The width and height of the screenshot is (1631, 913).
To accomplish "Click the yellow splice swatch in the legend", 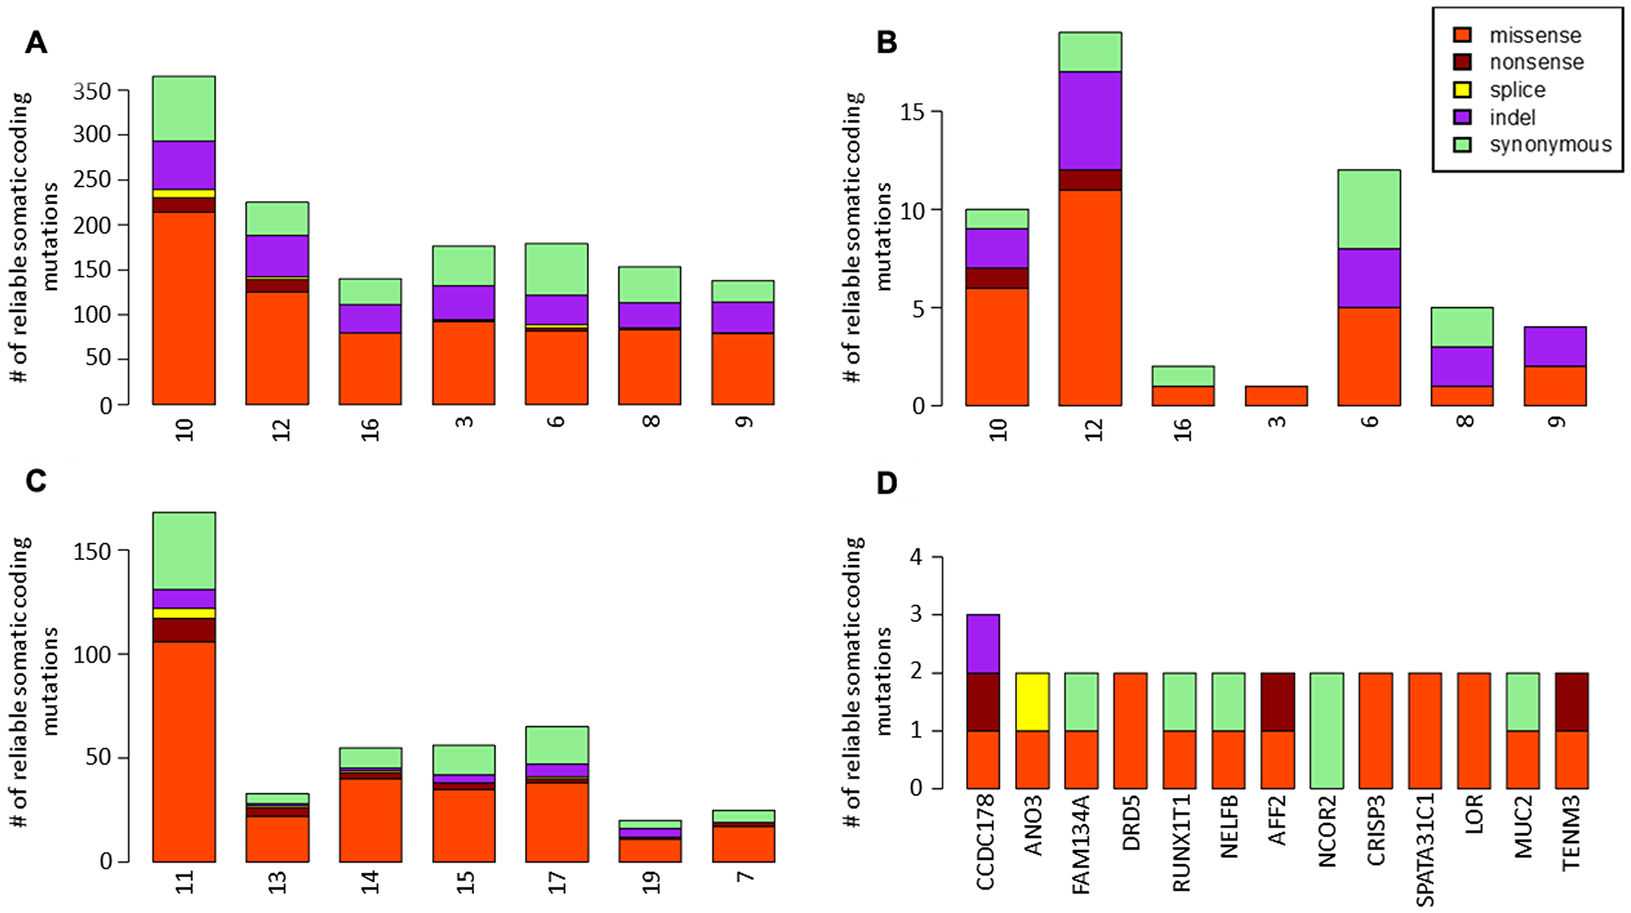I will point(1462,90).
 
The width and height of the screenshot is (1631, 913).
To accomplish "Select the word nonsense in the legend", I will point(1536,62).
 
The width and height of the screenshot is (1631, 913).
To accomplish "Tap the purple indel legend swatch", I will point(1462,117).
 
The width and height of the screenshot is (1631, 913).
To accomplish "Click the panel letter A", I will point(36,42).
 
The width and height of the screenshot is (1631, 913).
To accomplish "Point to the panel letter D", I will point(886,483).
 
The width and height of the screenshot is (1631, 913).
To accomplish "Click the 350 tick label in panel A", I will point(91,91).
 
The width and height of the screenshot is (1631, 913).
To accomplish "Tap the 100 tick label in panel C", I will point(91,655).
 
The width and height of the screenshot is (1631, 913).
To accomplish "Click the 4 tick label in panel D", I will point(917,558).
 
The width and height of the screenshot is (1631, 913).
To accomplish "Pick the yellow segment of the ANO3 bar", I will point(1032,702).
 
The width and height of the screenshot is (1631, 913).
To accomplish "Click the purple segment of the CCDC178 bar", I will point(983,644).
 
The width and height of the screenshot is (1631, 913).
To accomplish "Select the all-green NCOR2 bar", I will point(1327,730).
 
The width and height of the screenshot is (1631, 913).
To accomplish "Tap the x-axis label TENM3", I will point(1571,833).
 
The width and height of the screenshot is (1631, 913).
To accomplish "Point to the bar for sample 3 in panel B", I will point(1276,396).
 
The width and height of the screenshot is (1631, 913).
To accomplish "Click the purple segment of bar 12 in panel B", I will point(1090,121).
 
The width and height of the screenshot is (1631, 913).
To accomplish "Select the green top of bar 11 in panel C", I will point(184,551).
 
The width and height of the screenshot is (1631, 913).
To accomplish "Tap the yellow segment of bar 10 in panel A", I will point(184,194).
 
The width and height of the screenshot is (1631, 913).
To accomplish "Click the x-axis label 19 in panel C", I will point(650,883).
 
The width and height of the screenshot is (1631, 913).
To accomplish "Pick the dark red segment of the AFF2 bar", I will point(1277,702).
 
